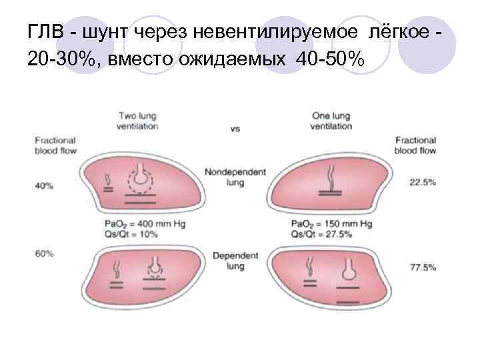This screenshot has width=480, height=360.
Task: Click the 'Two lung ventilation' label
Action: (x=138, y=121)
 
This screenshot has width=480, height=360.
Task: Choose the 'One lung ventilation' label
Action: (x=331, y=121)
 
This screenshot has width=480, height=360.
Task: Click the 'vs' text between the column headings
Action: (x=235, y=129)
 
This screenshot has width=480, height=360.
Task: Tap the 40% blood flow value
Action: (x=45, y=185)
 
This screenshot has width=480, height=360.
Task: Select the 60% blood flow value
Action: (x=45, y=253)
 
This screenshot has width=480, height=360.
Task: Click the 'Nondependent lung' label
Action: (x=235, y=177)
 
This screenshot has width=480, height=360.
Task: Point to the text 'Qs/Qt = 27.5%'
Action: (x=323, y=235)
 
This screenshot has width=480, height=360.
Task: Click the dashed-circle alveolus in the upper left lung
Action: (x=141, y=178)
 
